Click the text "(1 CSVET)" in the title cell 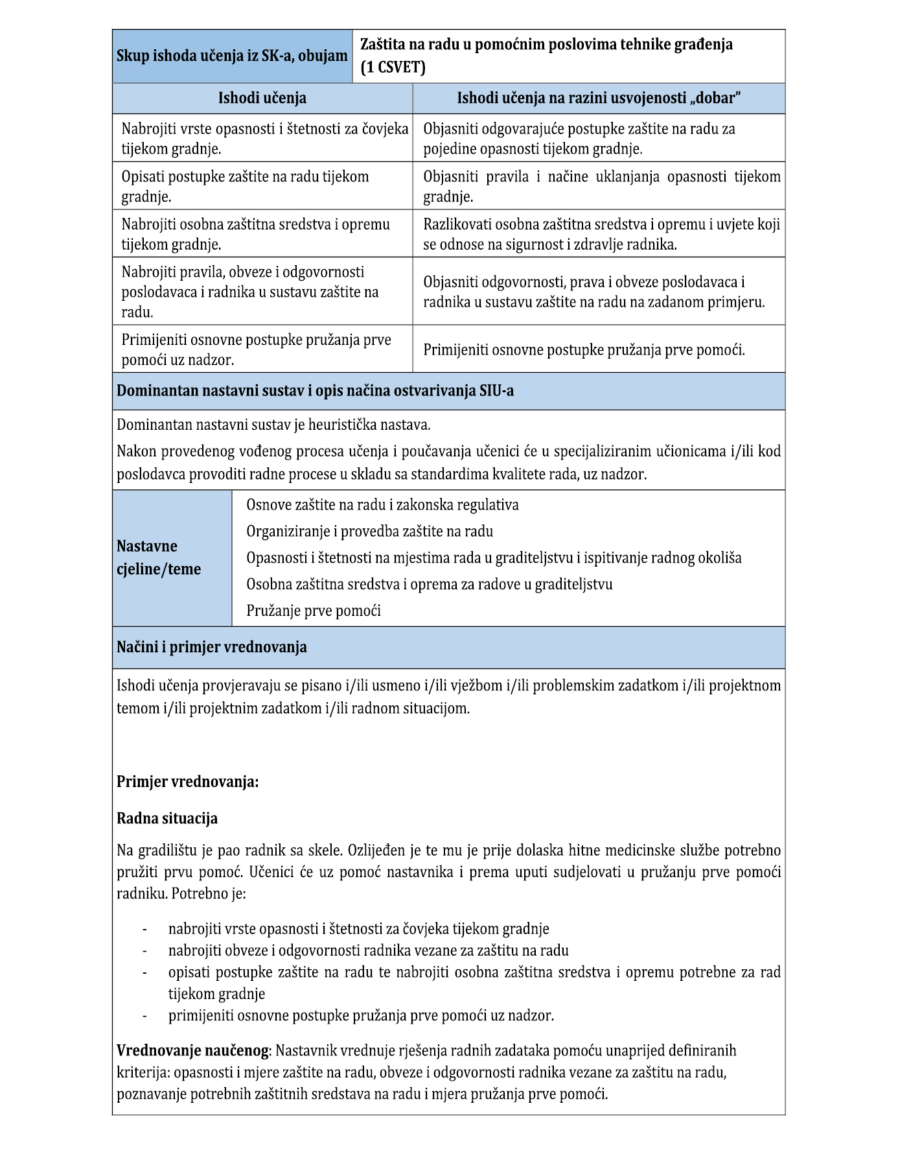pos(393,67)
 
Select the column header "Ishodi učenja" pos(262,99)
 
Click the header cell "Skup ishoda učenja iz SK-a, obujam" pos(232,56)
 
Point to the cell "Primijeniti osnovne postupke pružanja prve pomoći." pos(584,350)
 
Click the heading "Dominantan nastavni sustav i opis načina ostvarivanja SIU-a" pos(315,391)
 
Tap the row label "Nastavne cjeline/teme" pos(159,558)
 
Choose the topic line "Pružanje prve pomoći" pos(313,611)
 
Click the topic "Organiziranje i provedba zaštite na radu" pos(369,532)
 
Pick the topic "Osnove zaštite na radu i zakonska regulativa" pos(382,505)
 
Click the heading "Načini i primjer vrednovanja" pos(212,648)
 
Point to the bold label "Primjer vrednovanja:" pos(187,782)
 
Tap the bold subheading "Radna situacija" pos(167,819)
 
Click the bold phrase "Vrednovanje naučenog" pos(192,1050)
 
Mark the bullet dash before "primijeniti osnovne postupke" pos(144,1016)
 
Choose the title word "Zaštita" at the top pos(382,45)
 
